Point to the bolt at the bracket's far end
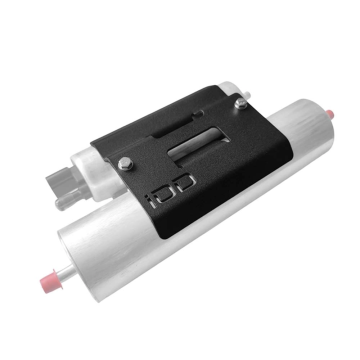click(240, 99)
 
